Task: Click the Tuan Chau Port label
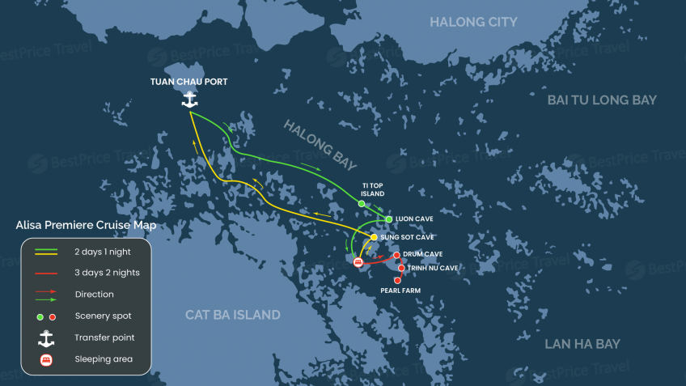189,82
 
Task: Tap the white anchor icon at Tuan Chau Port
189,100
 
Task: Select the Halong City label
473,22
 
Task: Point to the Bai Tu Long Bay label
602,100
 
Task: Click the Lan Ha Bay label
582,344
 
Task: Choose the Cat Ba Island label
233,315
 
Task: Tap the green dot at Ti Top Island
362,204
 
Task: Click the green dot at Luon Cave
389,219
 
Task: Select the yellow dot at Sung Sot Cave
374,237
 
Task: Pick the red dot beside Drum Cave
396,255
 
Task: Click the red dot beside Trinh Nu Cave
401,267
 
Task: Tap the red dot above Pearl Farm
397,280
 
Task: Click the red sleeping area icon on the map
358,262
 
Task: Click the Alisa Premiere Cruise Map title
86,226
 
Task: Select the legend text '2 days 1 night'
107,252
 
